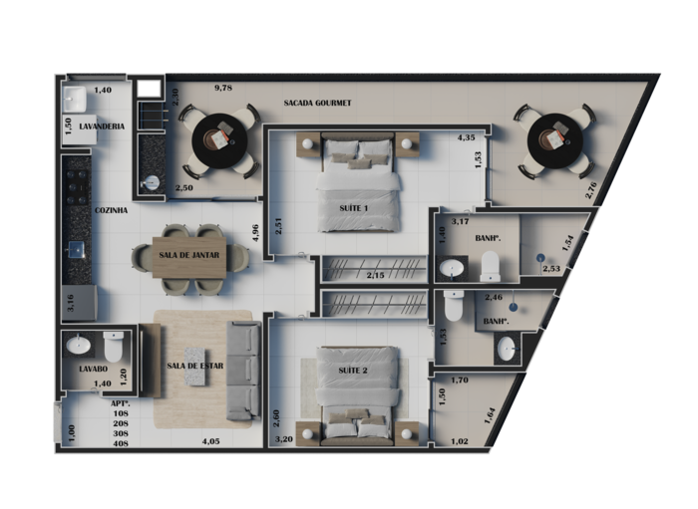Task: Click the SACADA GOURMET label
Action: [317, 103]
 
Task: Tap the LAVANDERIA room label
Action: [102, 127]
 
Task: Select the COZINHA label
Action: [111, 210]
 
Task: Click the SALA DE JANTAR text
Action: [189, 255]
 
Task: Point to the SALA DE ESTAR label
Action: [195, 366]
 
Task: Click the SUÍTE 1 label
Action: [353, 208]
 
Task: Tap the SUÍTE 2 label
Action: [353, 371]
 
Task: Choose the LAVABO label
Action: [93, 369]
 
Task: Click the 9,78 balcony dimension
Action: [223, 88]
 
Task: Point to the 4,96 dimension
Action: [255, 232]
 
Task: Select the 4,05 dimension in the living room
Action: [210, 441]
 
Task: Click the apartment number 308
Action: [121, 433]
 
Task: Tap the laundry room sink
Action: [75, 100]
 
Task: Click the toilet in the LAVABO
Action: [113, 347]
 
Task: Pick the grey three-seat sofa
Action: [243, 372]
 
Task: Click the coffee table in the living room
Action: [196, 367]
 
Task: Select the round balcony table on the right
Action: [554, 140]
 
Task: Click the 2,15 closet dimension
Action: [375, 276]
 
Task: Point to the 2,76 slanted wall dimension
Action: [591, 190]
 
